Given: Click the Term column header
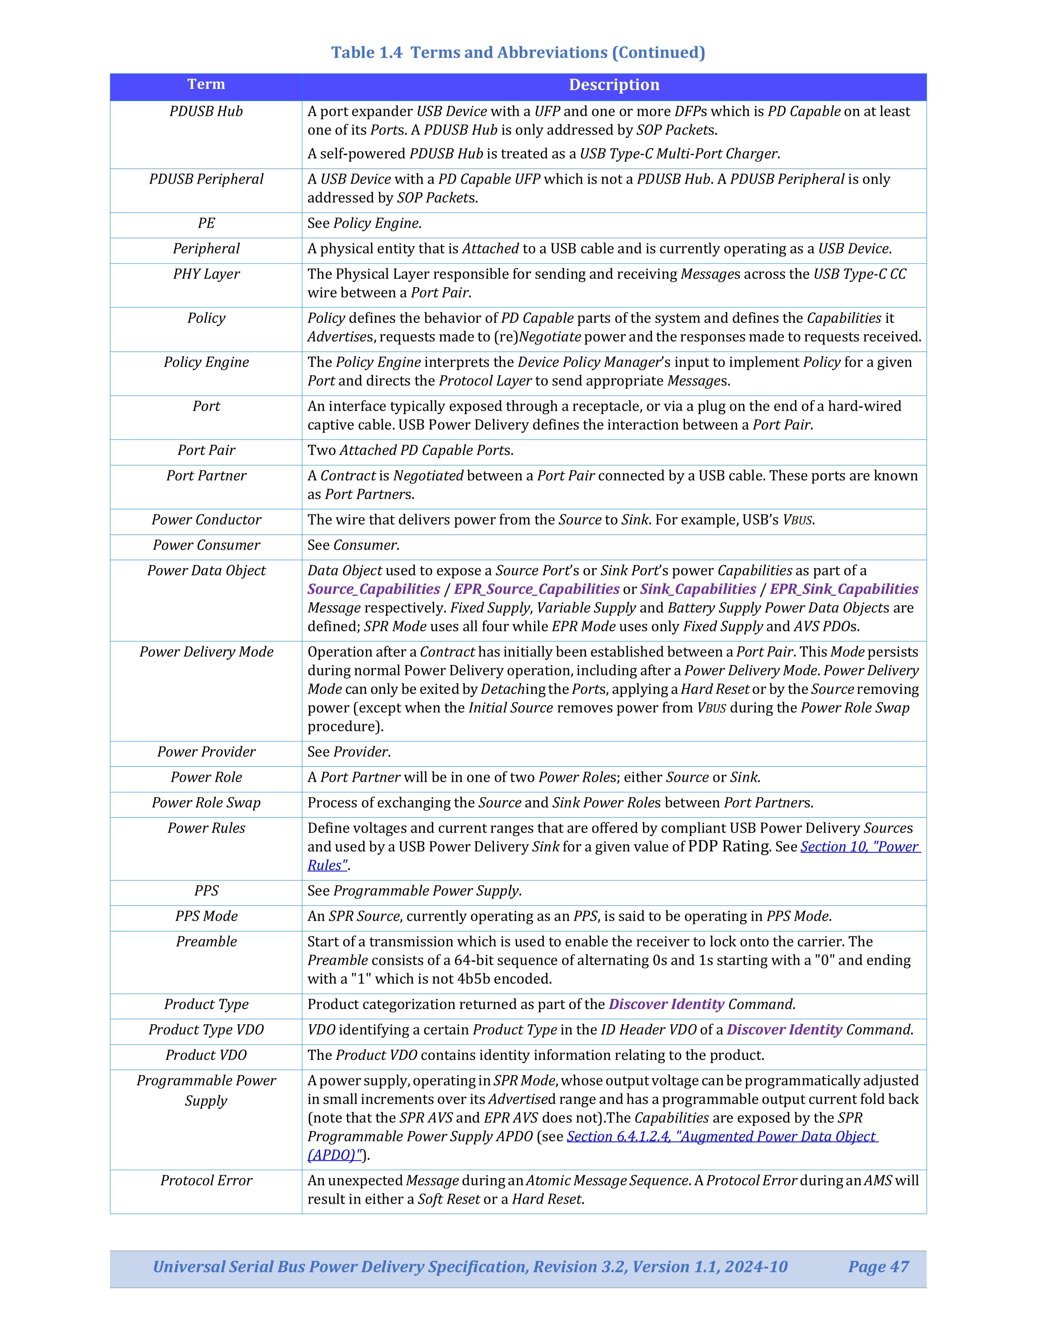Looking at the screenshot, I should [x=206, y=85].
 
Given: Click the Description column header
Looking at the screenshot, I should [x=614, y=85].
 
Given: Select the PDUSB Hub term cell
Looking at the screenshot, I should [x=206, y=111].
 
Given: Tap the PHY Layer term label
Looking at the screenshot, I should [x=206, y=274].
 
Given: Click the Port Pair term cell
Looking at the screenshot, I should [x=206, y=451].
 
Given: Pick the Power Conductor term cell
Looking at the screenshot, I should [x=206, y=520].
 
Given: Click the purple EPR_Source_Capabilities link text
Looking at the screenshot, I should [x=536, y=589].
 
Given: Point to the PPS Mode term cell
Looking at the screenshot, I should [x=206, y=916].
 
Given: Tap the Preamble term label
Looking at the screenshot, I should [x=206, y=941].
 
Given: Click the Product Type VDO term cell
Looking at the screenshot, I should [x=206, y=1030].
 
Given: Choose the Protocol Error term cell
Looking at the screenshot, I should [x=206, y=1180].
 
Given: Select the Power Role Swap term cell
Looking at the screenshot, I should [x=206, y=803].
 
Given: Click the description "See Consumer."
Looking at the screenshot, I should [x=353, y=545].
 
